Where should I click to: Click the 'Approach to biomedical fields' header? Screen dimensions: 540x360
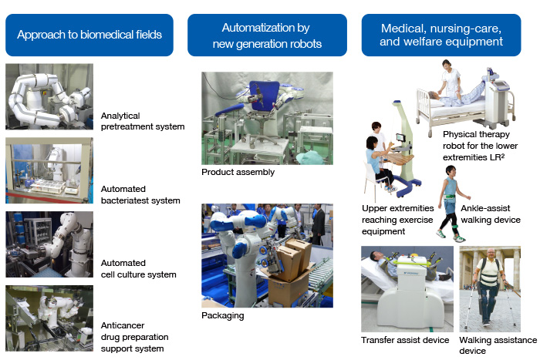tap(89, 35)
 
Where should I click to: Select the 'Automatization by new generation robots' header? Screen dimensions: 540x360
tap(267, 35)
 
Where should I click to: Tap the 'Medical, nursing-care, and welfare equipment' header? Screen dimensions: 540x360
tap(441, 35)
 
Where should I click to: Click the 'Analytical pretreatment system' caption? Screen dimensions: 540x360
tap(143, 121)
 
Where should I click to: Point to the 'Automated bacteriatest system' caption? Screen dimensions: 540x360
tap(140, 195)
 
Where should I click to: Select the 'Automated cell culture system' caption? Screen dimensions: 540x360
tap(138, 269)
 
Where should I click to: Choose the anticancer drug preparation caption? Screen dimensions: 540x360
tap(135, 337)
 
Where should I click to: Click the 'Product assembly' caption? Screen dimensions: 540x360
tap(238, 172)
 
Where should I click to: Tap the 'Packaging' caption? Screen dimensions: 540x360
tap(223, 315)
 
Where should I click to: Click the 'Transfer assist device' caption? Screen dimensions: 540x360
tap(405, 340)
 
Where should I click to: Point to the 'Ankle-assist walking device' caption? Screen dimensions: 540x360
tap(491, 214)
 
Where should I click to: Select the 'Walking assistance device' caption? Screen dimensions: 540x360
tap(498, 345)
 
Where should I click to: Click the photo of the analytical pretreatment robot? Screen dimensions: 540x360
tap(49, 96)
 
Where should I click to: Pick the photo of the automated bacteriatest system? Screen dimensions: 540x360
tap(49, 170)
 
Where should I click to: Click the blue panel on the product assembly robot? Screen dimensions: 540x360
tap(264, 96)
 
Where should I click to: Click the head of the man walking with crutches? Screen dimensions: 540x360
tap(491, 254)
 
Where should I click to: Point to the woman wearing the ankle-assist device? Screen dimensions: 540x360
tap(452, 203)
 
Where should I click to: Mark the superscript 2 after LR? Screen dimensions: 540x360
tap(503, 155)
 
